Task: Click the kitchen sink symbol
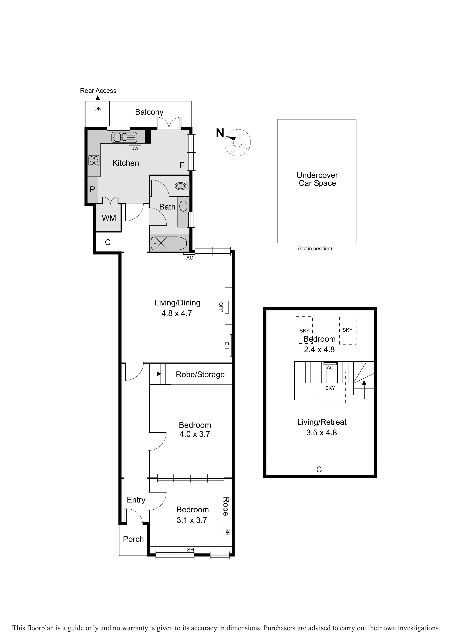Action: coord(124,137)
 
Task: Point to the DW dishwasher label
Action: coord(135,149)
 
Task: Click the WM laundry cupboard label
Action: coord(109,218)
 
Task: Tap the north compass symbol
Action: coord(237,142)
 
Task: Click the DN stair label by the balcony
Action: coord(98,109)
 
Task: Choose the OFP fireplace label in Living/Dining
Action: coord(221,307)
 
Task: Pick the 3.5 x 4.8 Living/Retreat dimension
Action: coord(321,433)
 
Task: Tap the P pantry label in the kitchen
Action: coord(92,189)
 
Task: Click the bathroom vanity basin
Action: coord(183,206)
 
